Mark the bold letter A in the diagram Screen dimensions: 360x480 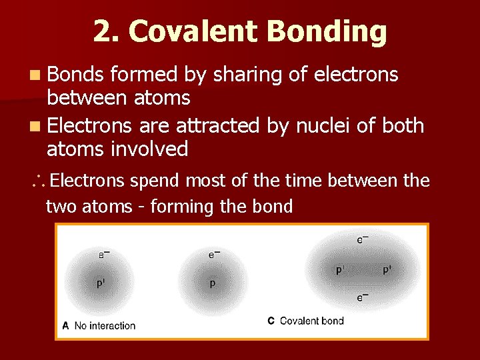point(65,325)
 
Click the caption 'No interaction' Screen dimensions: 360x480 point(105,325)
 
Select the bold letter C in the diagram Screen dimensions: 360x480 point(271,321)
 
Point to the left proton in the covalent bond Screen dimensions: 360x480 point(339,270)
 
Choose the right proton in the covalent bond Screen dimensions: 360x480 point(386,270)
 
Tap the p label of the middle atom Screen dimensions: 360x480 point(213,283)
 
